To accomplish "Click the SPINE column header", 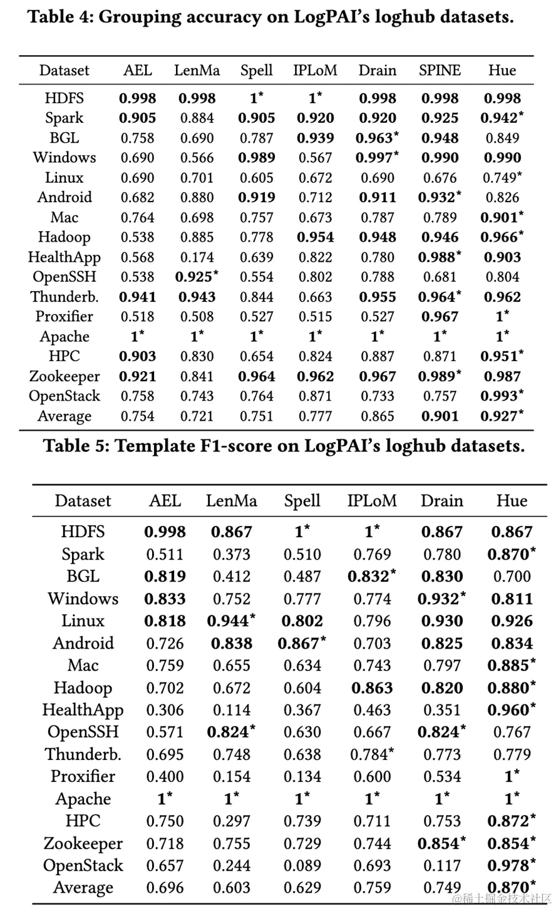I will (x=440, y=70).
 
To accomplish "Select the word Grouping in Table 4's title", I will (x=135, y=16).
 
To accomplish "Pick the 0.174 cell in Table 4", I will (x=197, y=257).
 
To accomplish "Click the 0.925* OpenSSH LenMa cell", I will (x=197, y=277).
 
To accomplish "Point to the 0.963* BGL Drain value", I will (x=378, y=138).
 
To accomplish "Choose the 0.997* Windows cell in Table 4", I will (x=378, y=158).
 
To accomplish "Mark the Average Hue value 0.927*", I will (x=502, y=416).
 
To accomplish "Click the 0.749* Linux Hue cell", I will (x=502, y=178).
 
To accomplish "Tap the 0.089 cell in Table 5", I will (x=302, y=866).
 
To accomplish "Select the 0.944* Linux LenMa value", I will (x=232, y=621).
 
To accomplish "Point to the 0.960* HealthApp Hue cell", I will (x=512, y=710).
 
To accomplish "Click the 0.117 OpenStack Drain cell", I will (x=442, y=866).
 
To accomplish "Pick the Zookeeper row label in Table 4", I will (x=64, y=377).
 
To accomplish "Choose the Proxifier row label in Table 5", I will (x=83, y=777).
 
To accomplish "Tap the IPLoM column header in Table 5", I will (x=372, y=501).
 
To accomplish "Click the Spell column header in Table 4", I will (x=256, y=70).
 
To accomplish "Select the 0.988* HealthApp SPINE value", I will (x=440, y=257).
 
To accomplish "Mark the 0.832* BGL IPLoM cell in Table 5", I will (x=372, y=577).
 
